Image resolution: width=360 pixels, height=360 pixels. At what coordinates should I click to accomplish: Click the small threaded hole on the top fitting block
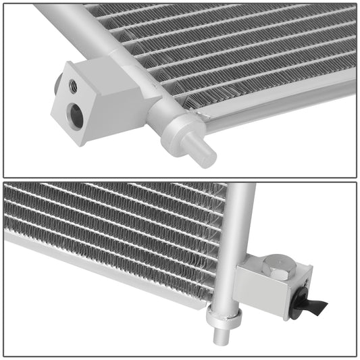tap(72, 86)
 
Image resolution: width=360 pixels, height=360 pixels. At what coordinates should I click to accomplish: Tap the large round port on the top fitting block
tap(76, 117)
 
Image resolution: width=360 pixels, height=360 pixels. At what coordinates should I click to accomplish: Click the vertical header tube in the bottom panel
tap(240, 230)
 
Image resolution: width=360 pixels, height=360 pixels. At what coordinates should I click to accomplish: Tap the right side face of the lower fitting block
tap(304, 284)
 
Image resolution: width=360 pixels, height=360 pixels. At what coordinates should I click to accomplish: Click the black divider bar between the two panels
tap(180, 180)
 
